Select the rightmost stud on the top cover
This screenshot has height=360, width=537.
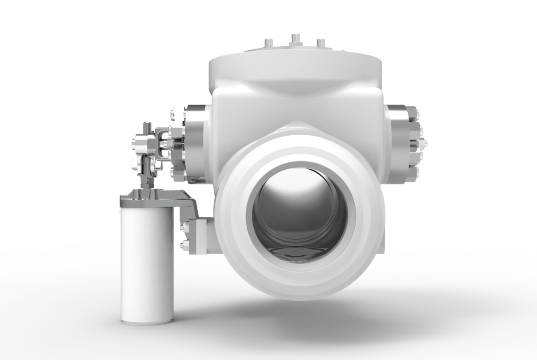[321, 43]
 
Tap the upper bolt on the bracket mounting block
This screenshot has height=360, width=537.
[184, 227]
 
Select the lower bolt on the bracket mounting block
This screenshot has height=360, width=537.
[184, 244]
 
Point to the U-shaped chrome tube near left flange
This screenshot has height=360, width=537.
[163, 143]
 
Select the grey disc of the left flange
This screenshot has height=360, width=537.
[196, 143]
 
